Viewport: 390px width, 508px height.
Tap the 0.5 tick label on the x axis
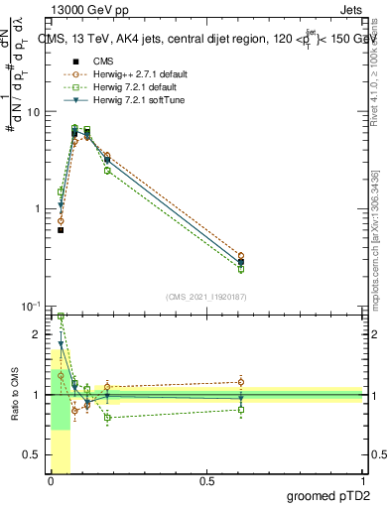[x=206, y=481]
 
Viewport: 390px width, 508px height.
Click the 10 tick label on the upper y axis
[x=33, y=112]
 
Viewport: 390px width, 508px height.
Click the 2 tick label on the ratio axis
[x=38, y=334]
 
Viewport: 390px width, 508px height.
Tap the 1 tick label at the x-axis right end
[x=361, y=481]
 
